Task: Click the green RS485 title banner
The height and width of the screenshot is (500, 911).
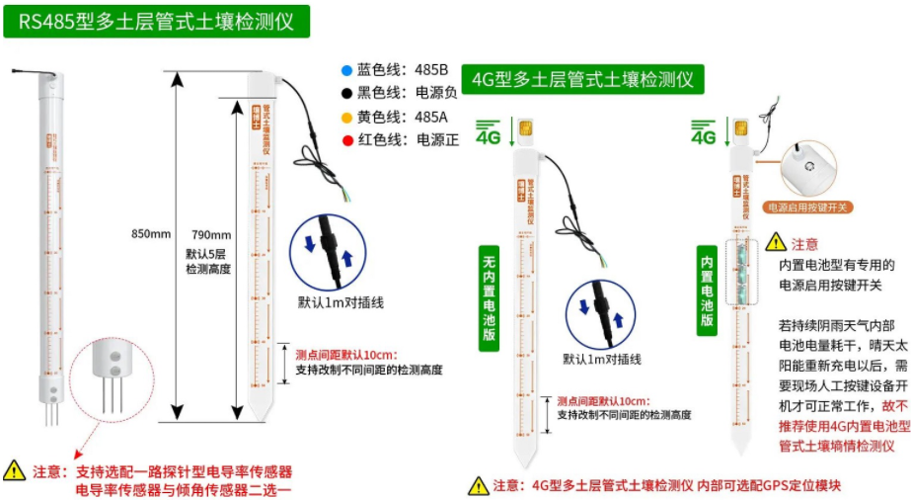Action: [x=156, y=21]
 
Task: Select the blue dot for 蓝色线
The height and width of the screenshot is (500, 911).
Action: [x=345, y=70]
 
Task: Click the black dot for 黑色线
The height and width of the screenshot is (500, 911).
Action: [x=345, y=93]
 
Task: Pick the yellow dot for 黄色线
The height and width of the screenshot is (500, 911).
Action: [x=345, y=117]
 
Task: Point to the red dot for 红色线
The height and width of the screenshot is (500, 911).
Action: [x=345, y=139]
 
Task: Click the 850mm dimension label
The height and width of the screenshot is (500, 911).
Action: [x=151, y=234]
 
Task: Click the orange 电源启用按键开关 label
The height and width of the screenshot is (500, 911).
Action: [x=808, y=208]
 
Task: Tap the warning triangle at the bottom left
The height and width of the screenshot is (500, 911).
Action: [x=15, y=470]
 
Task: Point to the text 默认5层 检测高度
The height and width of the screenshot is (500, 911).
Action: [x=208, y=261]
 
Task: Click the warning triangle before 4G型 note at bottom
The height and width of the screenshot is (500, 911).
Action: [x=479, y=485]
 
